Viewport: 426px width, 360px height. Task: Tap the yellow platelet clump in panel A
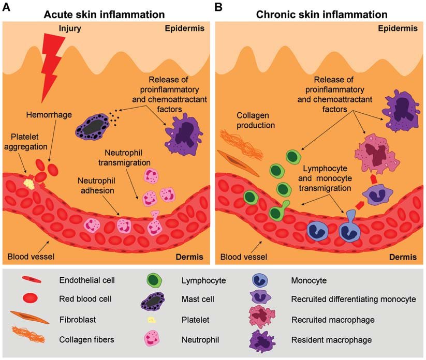pyautogui.click(x=30, y=184)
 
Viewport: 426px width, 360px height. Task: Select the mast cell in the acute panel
pyautogui.click(x=92, y=127)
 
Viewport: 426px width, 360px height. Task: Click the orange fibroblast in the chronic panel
pyautogui.click(x=238, y=163)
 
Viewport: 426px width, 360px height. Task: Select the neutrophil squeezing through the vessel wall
pyautogui.click(x=155, y=223)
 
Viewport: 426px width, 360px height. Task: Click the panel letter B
pyautogui.click(x=218, y=7)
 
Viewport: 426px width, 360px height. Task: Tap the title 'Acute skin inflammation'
pyautogui.click(x=105, y=14)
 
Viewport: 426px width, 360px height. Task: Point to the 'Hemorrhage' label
pyautogui.click(x=49, y=115)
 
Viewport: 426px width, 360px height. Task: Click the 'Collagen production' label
pyautogui.click(x=255, y=121)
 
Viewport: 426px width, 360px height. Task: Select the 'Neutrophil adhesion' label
pyautogui.click(x=96, y=185)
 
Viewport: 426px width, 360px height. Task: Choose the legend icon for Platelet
pyautogui.click(x=152, y=320)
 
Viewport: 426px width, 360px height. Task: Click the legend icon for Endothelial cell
pyautogui.click(x=32, y=280)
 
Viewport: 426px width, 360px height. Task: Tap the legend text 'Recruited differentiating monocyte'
pyautogui.click(x=354, y=299)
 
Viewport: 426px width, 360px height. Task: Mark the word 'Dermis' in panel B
pyautogui.click(x=403, y=257)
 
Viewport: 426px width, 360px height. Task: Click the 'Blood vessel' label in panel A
pyautogui.click(x=31, y=257)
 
